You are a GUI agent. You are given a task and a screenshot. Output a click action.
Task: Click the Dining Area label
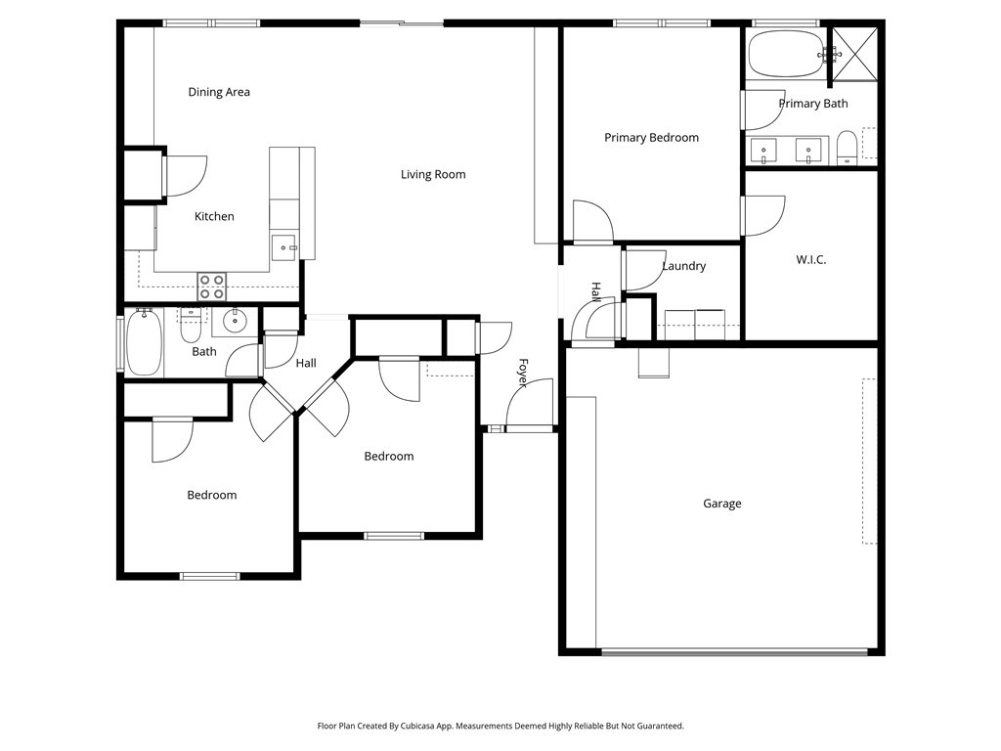click(219, 92)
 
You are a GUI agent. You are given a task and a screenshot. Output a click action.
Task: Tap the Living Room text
click(433, 174)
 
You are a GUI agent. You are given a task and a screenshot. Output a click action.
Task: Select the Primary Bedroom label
click(651, 138)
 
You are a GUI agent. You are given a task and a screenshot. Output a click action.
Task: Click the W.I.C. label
click(810, 259)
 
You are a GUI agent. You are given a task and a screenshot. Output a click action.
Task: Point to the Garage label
click(722, 504)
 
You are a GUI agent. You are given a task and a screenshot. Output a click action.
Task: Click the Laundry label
click(683, 266)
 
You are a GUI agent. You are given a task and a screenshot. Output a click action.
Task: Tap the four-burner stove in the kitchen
click(212, 286)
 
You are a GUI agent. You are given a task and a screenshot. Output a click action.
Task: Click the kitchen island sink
click(284, 246)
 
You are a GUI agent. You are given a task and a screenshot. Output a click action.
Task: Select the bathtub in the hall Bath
click(144, 342)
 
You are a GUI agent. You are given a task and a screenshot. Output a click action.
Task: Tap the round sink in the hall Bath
click(236, 320)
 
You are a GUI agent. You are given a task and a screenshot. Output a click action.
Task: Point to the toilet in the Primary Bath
click(848, 149)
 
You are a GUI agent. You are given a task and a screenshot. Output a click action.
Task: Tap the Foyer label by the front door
click(523, 373)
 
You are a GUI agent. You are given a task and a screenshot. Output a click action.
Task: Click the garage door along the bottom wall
click(733, 651)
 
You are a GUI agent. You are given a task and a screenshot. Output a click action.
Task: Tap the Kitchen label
click(214, 216)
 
